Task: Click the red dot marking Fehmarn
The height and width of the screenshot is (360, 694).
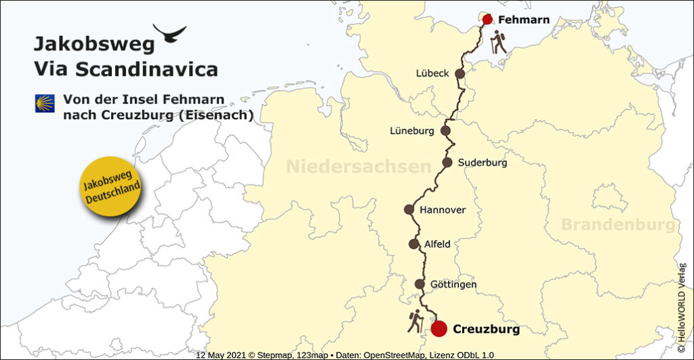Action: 487,20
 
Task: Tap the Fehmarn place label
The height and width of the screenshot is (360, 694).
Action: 523,20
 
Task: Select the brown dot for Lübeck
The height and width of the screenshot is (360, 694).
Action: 460,74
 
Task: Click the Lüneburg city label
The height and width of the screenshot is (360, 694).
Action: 412,130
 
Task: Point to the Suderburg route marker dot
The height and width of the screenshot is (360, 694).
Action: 447,162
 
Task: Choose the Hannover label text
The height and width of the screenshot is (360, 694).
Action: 443,209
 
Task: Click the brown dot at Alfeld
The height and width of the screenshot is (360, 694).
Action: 414,244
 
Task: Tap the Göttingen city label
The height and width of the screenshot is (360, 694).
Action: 453,285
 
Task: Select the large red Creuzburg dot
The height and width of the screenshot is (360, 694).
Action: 438,329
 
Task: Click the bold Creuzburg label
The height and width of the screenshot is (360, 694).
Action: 486,329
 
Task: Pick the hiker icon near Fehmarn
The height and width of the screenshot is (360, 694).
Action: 499,43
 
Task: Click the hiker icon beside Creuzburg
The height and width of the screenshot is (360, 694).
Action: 415,321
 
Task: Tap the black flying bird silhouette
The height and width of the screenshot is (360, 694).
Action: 169,33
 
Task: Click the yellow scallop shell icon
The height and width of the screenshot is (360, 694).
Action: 45,103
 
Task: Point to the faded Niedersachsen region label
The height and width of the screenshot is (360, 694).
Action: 359,167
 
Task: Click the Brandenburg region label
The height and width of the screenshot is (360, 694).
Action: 617,225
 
